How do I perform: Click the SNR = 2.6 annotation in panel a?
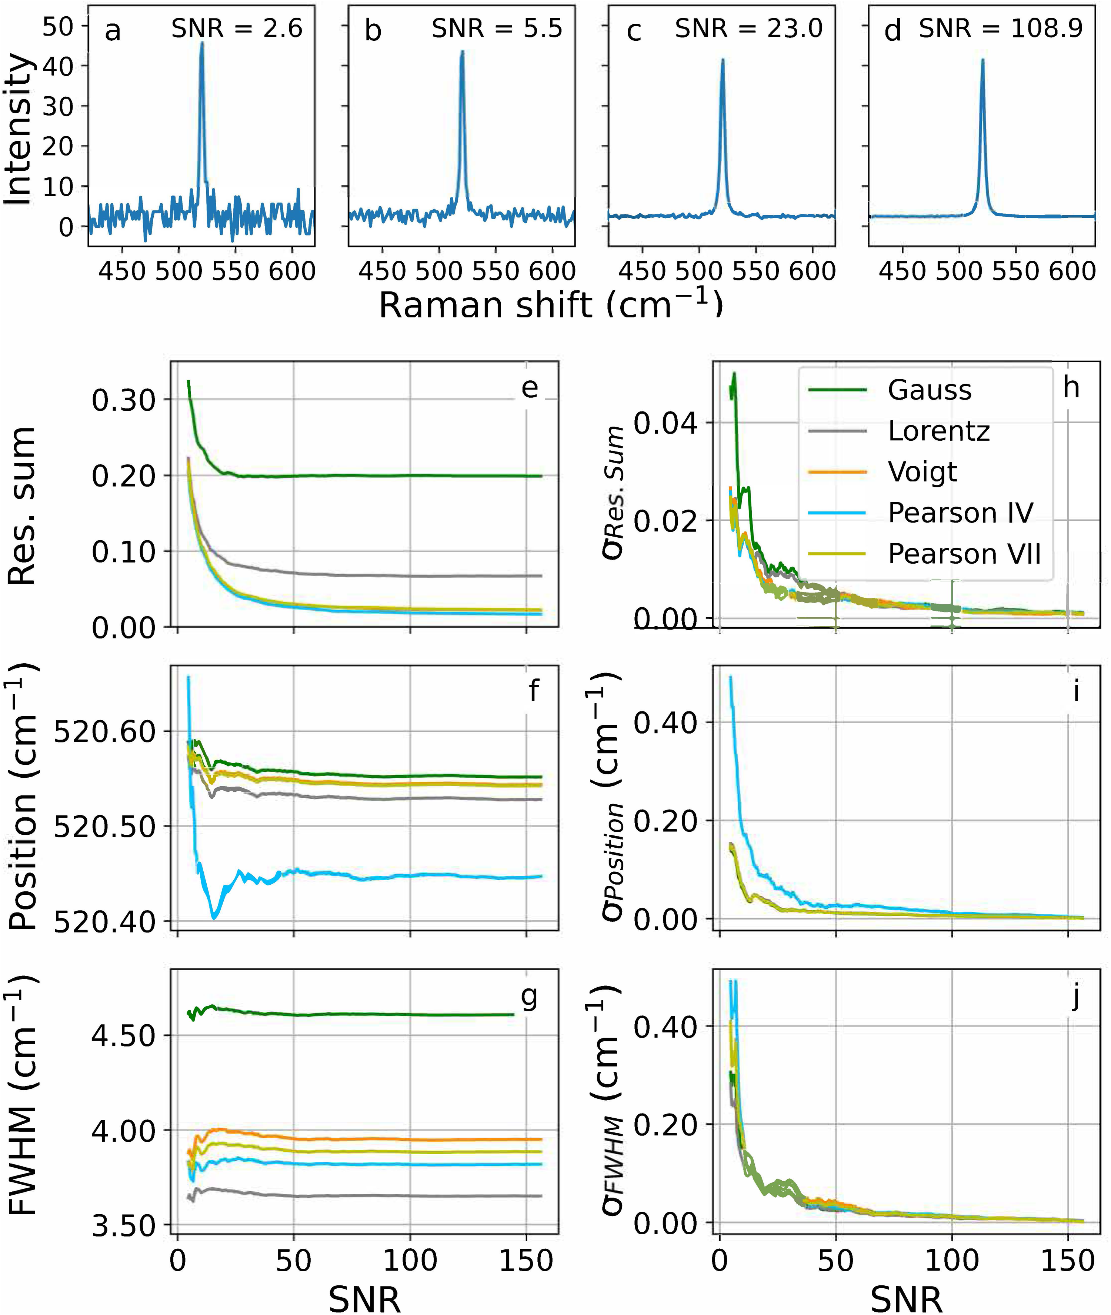tap(237, 29)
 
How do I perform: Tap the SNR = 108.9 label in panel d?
tap(1001, 29)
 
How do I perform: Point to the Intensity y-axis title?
tap(19, 130)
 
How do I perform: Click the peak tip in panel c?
tap(723, 60)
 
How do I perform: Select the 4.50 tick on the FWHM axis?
tap(123, 1036)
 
